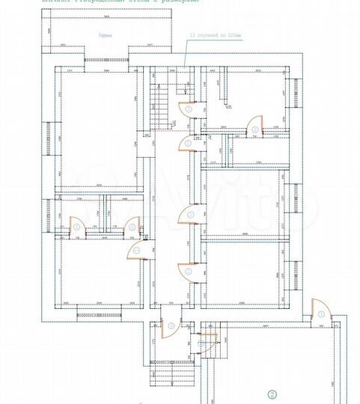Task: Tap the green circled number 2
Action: [273, 394]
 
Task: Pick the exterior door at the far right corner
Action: [319, 310]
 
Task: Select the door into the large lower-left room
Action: [136, 250]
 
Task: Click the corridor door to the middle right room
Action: [188, 216]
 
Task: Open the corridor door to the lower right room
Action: [188, 272]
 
